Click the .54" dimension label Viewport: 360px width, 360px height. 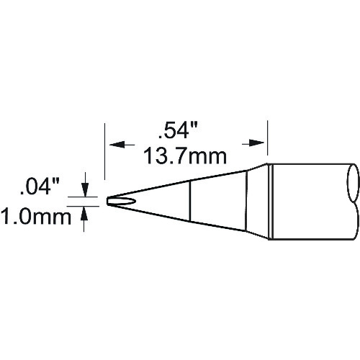pyautogui.click(x=178, y=131)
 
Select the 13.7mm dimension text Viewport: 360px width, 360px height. pyautogui.click(x=185, y=156)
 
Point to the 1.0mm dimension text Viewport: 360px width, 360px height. pyautogui.click(x=36, y=217)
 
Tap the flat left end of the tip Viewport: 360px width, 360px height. pyautogui.click(x=107, y=202)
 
